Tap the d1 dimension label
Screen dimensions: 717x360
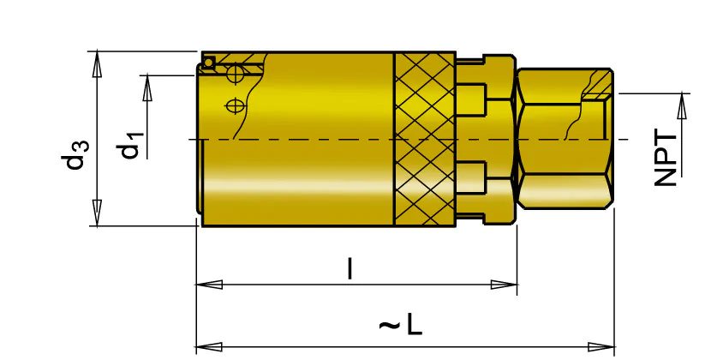click(x=132, y=145)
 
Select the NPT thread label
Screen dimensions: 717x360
click(x=666, y=159)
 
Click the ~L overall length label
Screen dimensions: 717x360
click(x=401, y=326)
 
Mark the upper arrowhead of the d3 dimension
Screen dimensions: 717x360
click(x=97, y=64)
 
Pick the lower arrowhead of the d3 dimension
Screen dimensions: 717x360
click(x=97, y=213)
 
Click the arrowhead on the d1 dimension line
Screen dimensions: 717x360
click(x=146, y=87)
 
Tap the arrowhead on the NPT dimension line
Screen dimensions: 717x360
click(x=682, y=106)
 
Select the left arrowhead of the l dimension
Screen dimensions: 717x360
click(x=209, y=285)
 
